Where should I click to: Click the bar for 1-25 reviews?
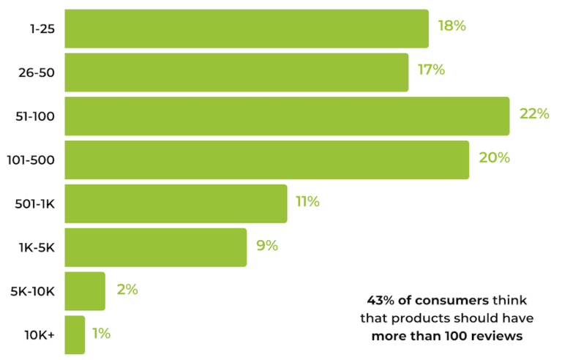[246, 29]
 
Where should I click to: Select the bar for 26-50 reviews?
[236, 72]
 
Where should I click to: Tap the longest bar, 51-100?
[287, 116]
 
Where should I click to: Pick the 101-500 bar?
[266, 160]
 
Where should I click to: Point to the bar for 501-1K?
[176, 203]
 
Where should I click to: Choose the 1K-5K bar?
[155, 247]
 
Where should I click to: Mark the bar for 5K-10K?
[85, 290]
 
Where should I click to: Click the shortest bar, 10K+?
[75, 334]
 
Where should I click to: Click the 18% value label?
[452, 26]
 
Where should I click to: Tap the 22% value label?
[534, 114]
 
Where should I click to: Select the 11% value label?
[307, 202]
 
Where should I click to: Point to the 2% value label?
[127, 290]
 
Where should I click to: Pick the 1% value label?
[101, 334]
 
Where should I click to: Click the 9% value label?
[267, 246]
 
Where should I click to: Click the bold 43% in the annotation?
[379, 300]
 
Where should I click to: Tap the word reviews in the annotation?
[501, 337]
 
